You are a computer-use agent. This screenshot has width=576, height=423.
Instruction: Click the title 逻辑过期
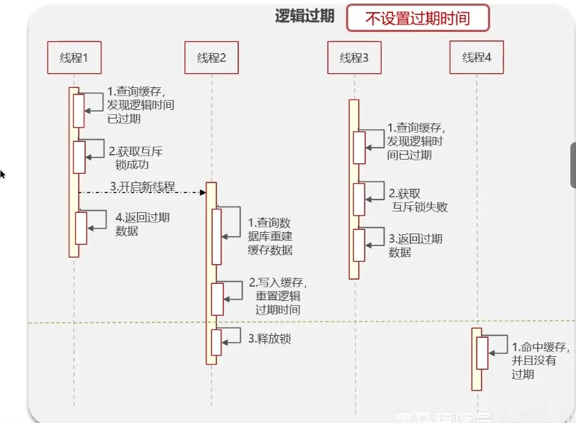coord(304,17)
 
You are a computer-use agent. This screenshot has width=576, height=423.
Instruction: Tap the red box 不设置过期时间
coord(417,18)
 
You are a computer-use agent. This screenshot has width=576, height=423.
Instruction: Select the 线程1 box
coord(73,57)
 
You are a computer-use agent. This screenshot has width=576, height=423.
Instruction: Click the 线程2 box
coord(211,57)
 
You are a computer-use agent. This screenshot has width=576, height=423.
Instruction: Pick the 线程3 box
coord(354,57)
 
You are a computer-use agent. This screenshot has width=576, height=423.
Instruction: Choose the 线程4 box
coord(476,57)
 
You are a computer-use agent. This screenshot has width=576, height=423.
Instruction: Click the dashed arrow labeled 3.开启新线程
coord(142,192)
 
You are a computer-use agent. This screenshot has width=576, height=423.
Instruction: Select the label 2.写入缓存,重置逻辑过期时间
coord(277,296)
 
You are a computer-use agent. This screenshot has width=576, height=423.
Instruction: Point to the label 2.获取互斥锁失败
coord(418,200)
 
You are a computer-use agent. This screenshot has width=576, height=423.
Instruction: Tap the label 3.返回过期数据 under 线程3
coord(415,245)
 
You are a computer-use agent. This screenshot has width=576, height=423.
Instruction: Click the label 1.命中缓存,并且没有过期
coord(539,361)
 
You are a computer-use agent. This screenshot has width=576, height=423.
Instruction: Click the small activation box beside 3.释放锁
coord(216,342)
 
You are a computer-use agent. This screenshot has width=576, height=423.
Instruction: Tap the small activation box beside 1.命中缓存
coord(482,353)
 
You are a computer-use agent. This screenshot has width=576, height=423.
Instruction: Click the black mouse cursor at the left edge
coord(2,173)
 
